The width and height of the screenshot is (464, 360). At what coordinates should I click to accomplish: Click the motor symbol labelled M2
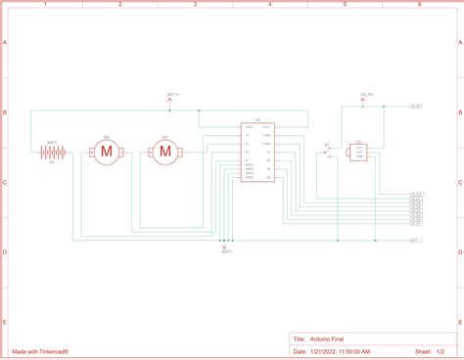pos(106,151)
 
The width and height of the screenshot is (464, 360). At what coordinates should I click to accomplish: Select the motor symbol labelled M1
pos(164,151)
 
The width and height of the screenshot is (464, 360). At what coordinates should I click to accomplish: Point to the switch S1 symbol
pos(330,149)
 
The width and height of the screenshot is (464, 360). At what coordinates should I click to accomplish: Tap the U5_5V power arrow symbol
pos(368,98)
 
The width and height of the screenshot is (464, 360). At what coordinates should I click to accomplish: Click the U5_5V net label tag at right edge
pos(415,106)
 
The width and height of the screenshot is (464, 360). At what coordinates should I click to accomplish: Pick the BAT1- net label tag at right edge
pos(415,240)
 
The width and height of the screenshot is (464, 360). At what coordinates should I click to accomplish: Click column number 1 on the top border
pos(44,5)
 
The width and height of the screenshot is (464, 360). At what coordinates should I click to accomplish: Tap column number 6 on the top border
pos(420,5)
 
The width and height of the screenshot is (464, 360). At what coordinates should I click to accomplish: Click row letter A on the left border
pos(5,44)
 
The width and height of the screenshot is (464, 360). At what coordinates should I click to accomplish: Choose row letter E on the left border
pos(5,322)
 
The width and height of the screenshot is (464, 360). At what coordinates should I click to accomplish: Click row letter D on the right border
pos(459,251)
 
